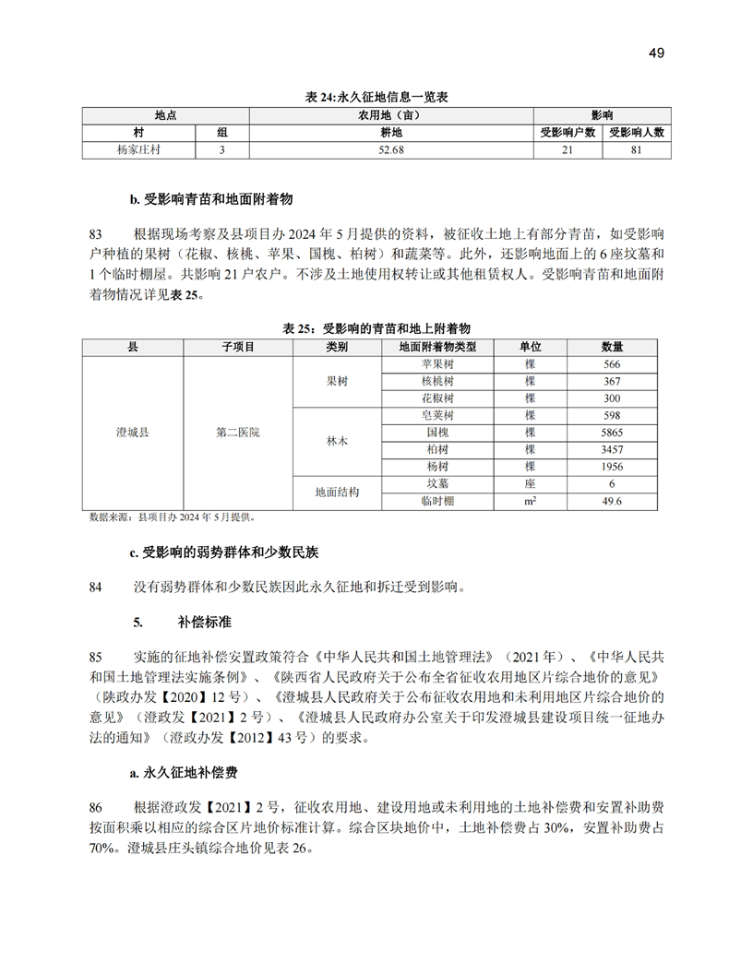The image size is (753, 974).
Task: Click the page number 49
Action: coord(656,53)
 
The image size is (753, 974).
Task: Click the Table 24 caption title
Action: coord(376,97)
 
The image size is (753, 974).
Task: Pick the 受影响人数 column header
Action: coord(637,132)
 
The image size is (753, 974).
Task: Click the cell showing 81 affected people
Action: coord(637,149)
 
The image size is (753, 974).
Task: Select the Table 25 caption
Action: coord(376,329)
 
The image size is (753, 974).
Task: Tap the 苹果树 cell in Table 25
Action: coord(437,364)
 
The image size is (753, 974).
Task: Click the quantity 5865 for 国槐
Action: coord(612,433)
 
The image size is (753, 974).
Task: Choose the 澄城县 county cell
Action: coord(133,433)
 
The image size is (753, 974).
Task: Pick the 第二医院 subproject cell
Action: coord(237,433)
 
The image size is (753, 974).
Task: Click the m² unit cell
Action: coord(530,501)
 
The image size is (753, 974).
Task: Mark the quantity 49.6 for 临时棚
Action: coord(612,501)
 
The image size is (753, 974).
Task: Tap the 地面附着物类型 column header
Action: coord(437,347)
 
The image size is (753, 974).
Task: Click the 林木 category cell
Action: coord(337,441)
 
